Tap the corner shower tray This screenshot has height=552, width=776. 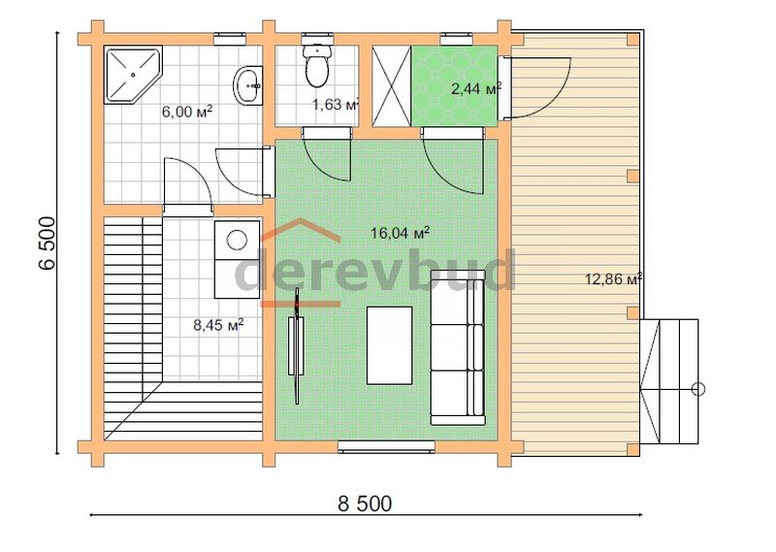pyautogui.click(x=133, y=75)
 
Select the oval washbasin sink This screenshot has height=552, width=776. pyautogui.click(x=248, y=85)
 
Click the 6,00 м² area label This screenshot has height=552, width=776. pyautogui.click(x=187, y=112)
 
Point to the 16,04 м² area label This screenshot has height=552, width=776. pyautogui.click(x=400, y=232)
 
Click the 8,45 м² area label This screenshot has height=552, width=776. pyautogui.click(x=218, y=325)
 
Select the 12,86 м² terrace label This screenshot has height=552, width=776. pyautogui.click(x=613, y=278)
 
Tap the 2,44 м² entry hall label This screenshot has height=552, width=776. pyautogui.click(x=476, y=89)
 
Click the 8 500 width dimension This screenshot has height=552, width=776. pyautogui.click(x=365, y=503)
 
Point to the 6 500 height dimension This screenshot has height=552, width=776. pyautogui.click(x=47, y=243)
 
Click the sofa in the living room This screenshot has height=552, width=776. pyautogui.click(x=458, y=347)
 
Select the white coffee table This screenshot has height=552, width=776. pyautogui.click(x=390, y=345)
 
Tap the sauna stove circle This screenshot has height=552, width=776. pyautogui.click(x=237, y=241)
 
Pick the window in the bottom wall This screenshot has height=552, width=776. pyautogui.click(x=386, y=447)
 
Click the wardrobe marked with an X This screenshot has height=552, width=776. pyautogui.click(x=392, y=86)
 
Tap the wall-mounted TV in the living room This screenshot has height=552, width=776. pyautogui.click(x=297, y=345)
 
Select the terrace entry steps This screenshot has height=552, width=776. pyautogui.click(x=669, y=381)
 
